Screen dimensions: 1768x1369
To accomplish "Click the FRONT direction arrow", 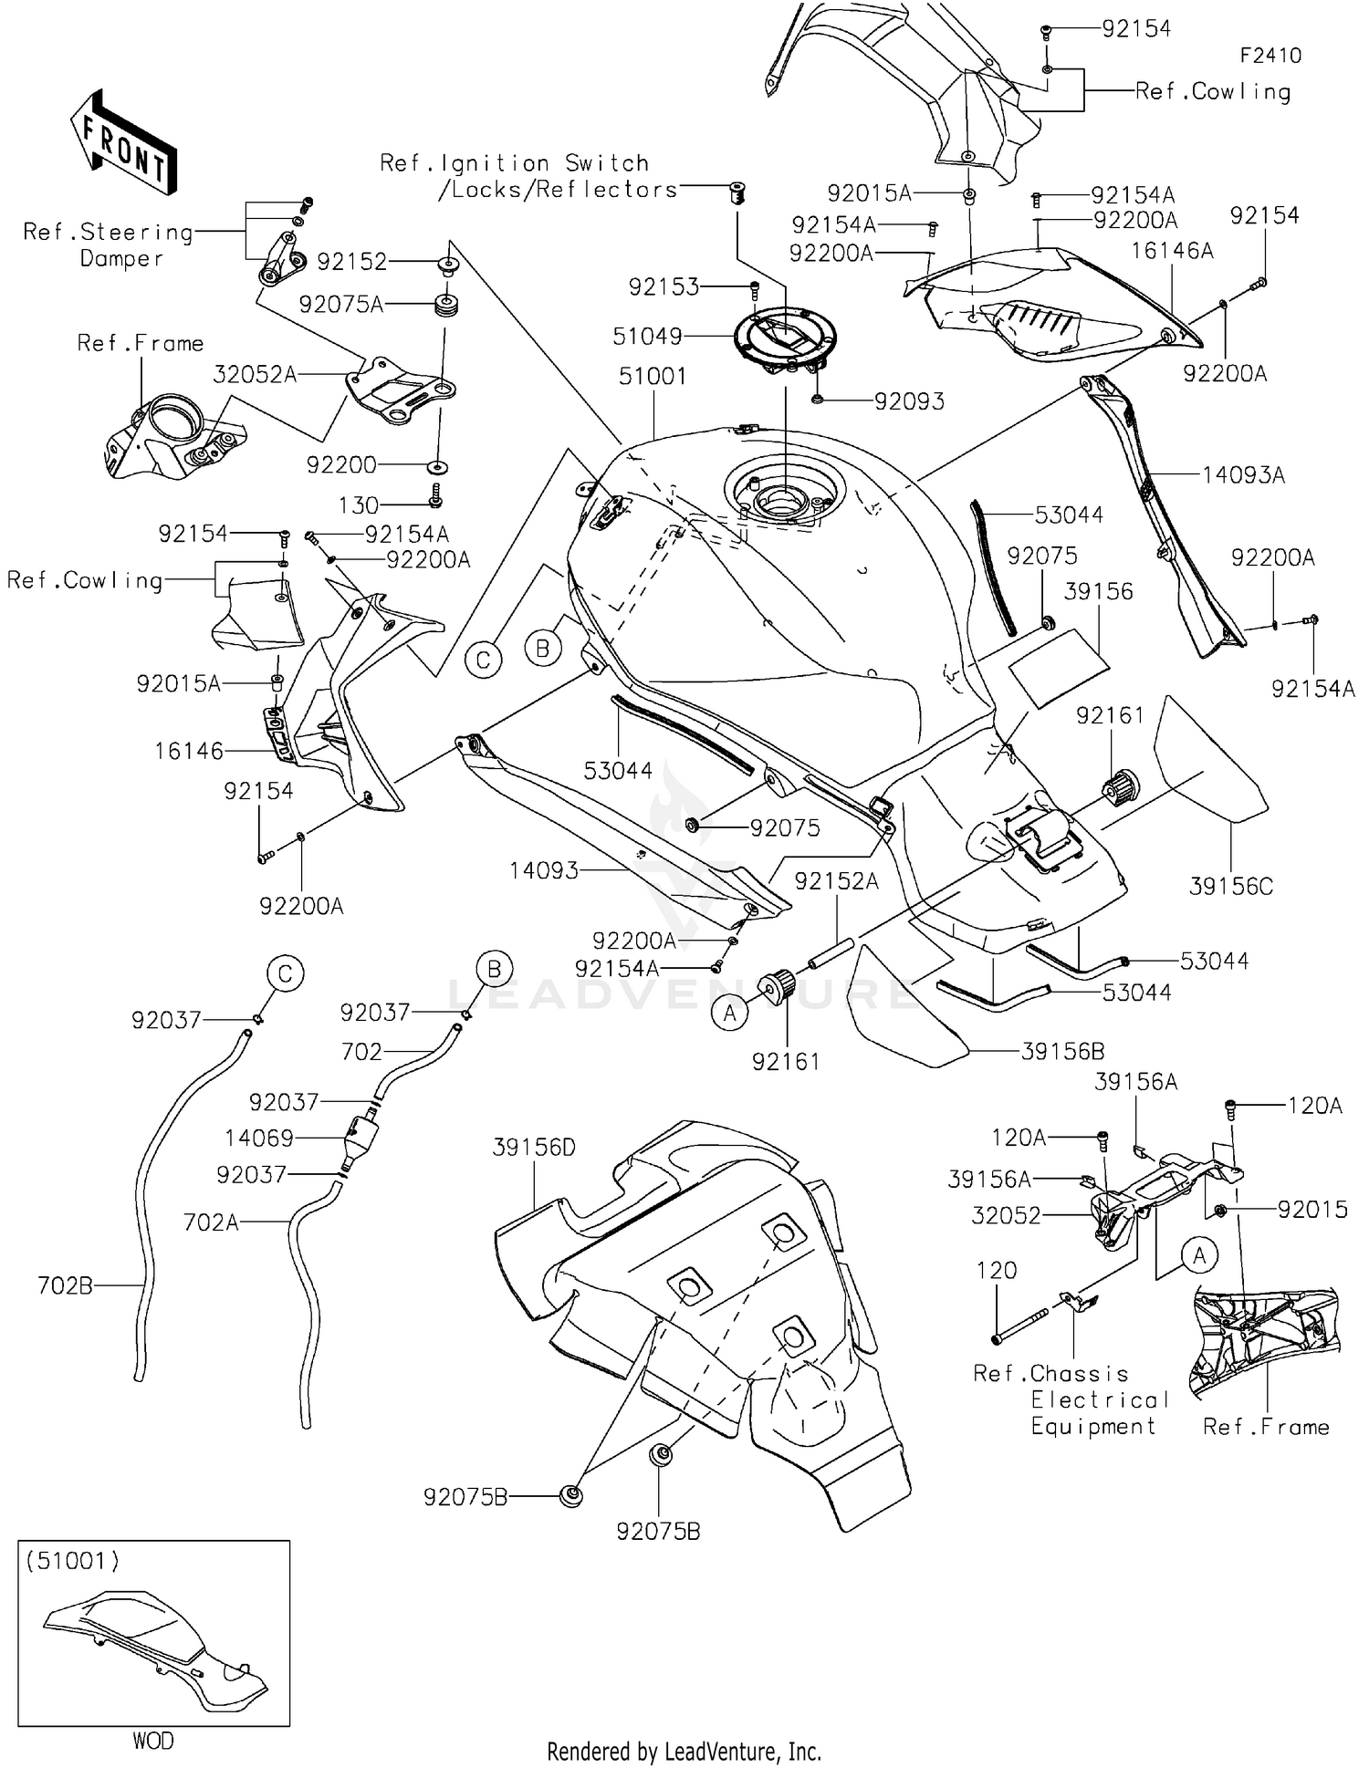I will click(123, 140).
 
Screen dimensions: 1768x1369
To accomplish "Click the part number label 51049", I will click(647, 337).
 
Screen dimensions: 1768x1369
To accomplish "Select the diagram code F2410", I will click(1270, 56).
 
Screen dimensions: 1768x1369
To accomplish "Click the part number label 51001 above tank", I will click(653, 376).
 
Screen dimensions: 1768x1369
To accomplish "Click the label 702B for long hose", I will click(65, 1285).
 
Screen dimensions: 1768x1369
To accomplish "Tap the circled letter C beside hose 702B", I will click(285, 974).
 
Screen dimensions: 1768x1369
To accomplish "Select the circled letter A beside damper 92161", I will click(730, 1013).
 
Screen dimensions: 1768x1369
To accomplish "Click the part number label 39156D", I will click(534, 1147).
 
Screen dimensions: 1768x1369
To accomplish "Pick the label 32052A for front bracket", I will click(255, 374).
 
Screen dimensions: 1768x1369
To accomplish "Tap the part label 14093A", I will click(1243, 474).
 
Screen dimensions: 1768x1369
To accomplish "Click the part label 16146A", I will click(1172, 250).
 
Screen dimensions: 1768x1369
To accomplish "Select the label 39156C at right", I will click(1230, 886).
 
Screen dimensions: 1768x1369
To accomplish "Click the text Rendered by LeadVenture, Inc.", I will click(684, 1751).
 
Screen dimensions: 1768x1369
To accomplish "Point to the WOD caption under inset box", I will click(152, 1741).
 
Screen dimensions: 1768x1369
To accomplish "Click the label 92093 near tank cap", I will click(909, 401).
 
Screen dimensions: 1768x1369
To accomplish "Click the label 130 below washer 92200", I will click(358, 504).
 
